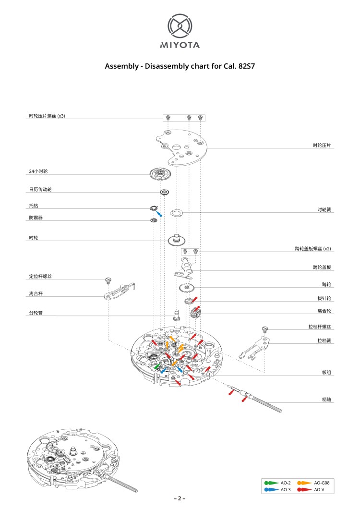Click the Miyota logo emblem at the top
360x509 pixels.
[x=180, y=26]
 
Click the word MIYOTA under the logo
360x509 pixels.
[x=180, y=46]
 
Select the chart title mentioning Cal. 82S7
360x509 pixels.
[x=180, y=66]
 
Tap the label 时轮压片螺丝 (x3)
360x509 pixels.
[x=47, y=116]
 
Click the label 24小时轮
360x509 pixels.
[x=38, y=171]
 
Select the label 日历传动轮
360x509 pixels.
[x=40, y=190]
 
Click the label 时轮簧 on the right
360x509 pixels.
[x=324, y=210]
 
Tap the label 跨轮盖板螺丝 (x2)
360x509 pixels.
[x=313, y=249]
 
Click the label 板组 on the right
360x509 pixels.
[x=326, y=373]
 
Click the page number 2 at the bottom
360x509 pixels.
[x=180, y=498]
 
